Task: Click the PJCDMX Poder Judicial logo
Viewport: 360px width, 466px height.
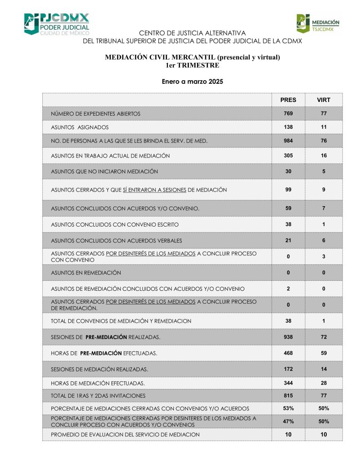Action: pyautogui.click(x=56, y=24)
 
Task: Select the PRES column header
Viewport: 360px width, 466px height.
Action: pyautogui.click(x=288, y=100)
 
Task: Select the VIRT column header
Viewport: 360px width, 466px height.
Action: pyautogui.click(x=324, y=100)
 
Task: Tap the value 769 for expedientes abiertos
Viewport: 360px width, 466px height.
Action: pyautogui.click(x=288, y=113)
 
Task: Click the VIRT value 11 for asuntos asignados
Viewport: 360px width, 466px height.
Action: pyautogui.click(x=324, y=127)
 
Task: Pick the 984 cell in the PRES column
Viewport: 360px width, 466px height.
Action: pyautogui.click(x=288, y=141)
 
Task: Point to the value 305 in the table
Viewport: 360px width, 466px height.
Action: pyautogui.click(x=288, y=156)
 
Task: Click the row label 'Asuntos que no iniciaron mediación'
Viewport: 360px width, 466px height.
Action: pyautogui.click(x=104, y=172)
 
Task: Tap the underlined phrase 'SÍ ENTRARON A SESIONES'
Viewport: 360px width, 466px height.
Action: pyautogui.click(x=154, y=190)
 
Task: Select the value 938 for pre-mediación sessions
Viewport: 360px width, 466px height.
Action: pyautogui.click(x=288, y=337)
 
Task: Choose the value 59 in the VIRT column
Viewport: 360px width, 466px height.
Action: pyautogui.click(x=324, y=353)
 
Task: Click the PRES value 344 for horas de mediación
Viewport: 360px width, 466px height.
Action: pyautogui.click(x=288, y=383)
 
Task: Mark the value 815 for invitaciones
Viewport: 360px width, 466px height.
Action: pyautogui.click(x=288, y=396)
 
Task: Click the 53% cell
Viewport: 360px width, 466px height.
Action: pyautogui.click(x=288, y=408)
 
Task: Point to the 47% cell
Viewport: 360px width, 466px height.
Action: pyautogui.click(x=288, y=421)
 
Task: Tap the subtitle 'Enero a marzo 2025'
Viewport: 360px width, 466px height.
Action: pyautogui.click(x=192, y=82)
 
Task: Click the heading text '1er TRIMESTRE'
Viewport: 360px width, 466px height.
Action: pyautogui.click(x=192, y=65)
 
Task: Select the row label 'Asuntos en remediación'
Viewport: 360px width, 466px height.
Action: pyautogui.click(x=86, y=273)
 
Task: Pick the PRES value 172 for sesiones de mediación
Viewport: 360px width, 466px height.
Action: pyautogui.click(x=288, y=369)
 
